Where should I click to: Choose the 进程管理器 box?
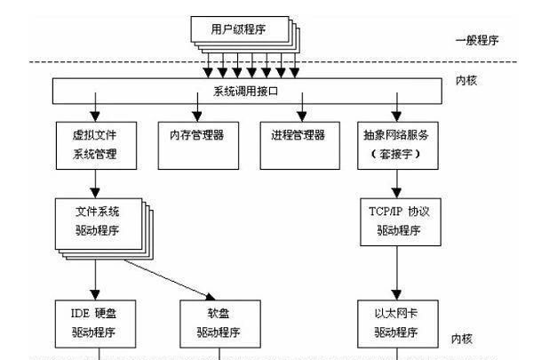tap(298, 136)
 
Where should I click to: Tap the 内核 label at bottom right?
tap(464, 339)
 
